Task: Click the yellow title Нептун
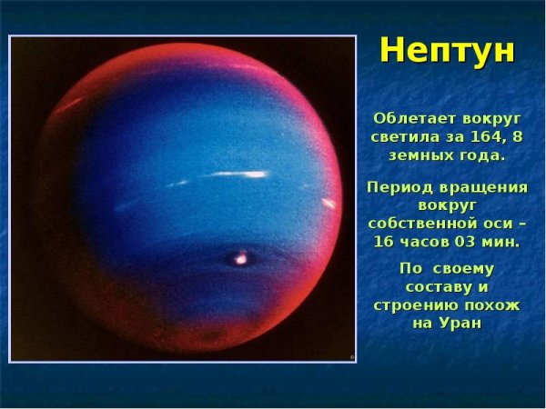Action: pos(447,49)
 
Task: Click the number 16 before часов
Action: pos(388,242)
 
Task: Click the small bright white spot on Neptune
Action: pos(240,259)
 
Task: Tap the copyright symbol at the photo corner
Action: pos(351,357)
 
